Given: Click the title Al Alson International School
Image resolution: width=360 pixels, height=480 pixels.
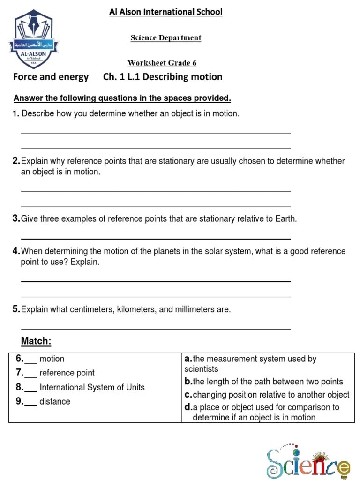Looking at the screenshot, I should [165, 12].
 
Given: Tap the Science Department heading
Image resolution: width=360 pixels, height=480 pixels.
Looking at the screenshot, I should [165, 38].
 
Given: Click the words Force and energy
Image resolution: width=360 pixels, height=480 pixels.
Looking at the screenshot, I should [51, 77].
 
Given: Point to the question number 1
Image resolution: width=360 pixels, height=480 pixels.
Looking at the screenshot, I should [16, 114].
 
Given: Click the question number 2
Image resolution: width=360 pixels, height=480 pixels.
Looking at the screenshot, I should [16, 161].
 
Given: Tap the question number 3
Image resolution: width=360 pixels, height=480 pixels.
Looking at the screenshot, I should [16, 219].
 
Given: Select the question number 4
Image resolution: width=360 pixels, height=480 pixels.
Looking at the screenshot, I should [16, 251].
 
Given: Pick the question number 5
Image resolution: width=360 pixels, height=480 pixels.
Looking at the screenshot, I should [16, 309].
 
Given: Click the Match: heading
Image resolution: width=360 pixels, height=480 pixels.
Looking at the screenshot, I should [36, 341].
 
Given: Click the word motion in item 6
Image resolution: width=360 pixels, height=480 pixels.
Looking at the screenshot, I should [52, 359].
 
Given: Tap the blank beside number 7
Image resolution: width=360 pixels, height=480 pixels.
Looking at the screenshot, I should [31, 374].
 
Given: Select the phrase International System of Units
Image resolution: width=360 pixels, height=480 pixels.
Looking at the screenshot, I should [92, 388].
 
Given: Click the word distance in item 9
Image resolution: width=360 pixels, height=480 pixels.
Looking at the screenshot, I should [55, 402].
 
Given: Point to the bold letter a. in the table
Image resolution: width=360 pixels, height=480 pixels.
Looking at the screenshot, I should [188, 359].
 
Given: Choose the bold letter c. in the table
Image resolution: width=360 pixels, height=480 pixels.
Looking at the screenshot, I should [188, 395].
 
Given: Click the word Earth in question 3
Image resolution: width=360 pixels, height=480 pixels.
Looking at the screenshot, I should [285, 219].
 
